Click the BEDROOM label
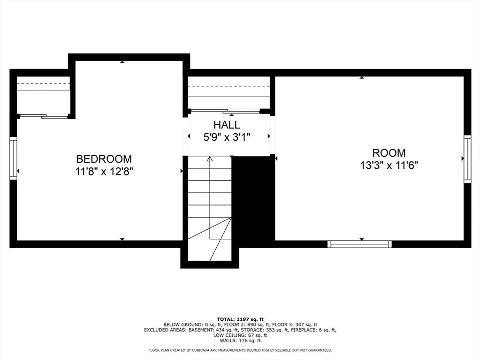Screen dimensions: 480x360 pos(104,159)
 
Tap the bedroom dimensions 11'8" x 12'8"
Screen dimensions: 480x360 pos(104,172)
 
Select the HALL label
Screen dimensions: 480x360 pos(227,125)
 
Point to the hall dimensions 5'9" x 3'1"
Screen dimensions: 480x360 pos(227,137)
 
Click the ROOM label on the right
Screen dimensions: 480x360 pos(389,153)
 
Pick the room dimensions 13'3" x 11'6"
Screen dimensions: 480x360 pos(389,165)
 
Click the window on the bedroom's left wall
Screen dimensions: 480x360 pos(13,158)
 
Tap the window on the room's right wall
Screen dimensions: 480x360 pos(467,159)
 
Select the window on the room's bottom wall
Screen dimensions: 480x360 pos(360,244)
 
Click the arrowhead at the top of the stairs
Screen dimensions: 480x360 pos(210,159)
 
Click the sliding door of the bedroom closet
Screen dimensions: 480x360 pos(44,116)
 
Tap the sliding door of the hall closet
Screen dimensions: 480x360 pos(225,111)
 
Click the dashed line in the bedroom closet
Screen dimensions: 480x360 pos(44,83)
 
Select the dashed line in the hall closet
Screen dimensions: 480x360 pos(229,86)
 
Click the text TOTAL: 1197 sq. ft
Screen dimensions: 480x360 pos(240,319)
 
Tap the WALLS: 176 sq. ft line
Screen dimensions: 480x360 pos(240,341)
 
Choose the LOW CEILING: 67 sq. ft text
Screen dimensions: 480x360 pos(240,335)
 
